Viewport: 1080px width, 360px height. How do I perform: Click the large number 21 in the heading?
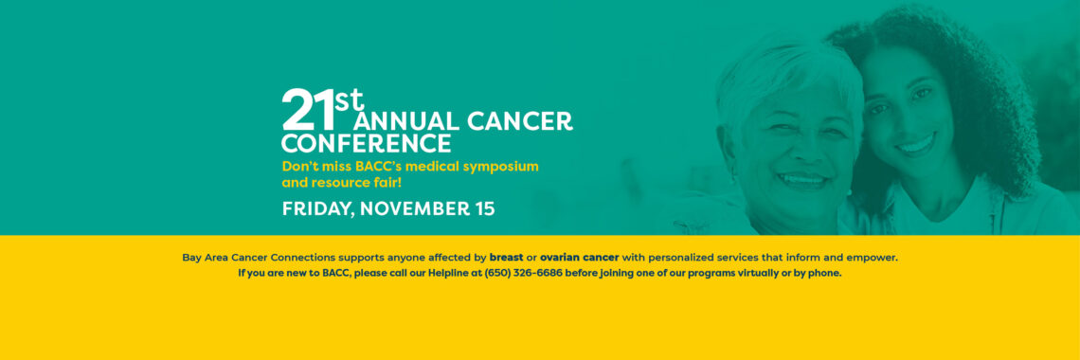pos(308,110)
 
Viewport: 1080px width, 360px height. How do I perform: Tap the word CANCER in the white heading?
pos(520,121)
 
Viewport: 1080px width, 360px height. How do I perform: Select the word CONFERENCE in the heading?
pos(367,144)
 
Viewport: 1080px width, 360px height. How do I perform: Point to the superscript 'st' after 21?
pos(350,99)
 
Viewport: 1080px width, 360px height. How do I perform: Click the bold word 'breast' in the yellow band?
pos(506,258)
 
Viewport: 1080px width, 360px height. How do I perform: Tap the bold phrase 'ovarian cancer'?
pos(580,258)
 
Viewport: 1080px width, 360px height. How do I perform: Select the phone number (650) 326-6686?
pos(524,273)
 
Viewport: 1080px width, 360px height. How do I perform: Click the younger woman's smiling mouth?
pos(915,145)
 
